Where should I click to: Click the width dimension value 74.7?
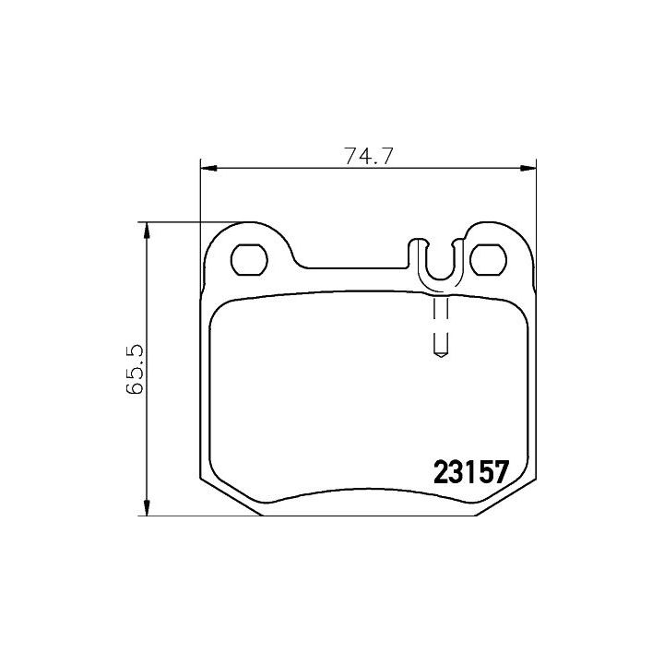(369, 157)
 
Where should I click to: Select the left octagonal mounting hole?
(249, 259)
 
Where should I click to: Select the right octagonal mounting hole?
(488, 259)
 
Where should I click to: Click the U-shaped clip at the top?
(439, 263)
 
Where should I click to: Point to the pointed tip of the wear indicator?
(440, 356)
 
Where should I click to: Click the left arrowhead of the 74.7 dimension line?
(208, 168)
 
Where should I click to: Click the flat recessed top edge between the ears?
(355, 269)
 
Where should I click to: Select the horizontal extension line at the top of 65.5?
(194, 222)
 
